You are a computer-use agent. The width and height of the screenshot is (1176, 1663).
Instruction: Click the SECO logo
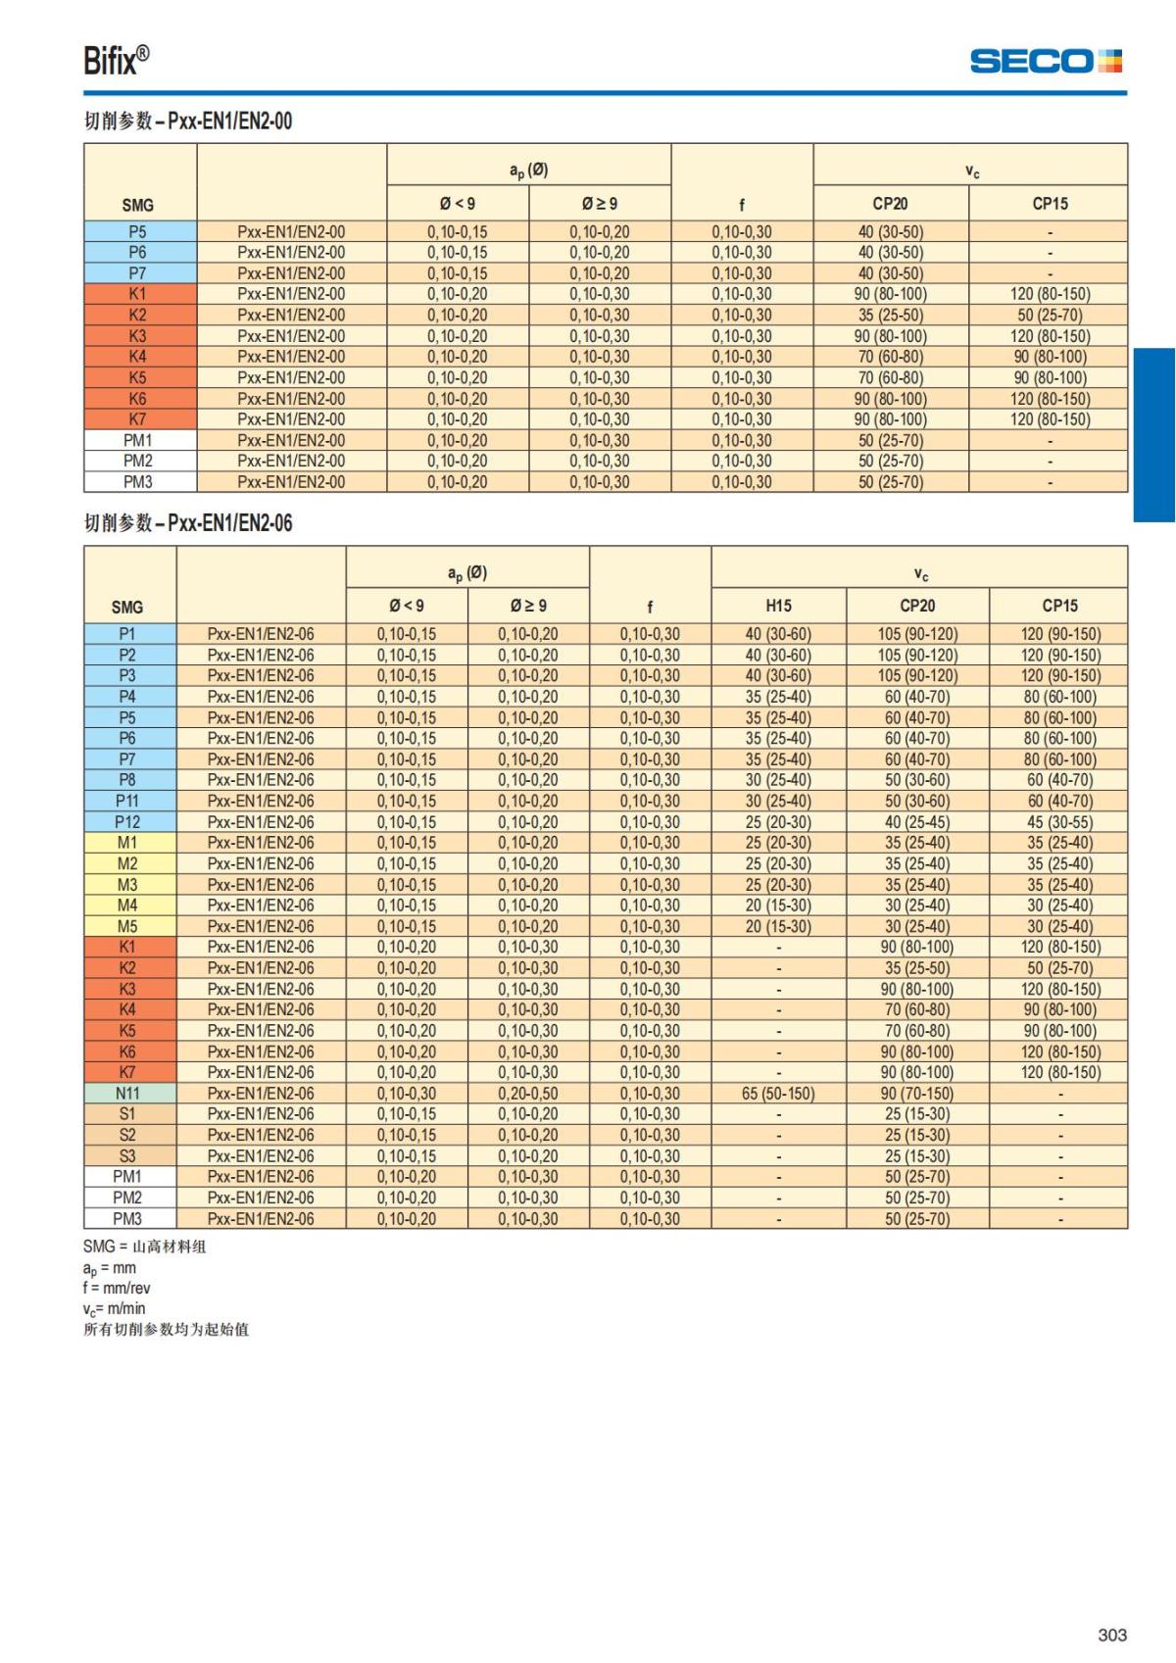(1045, 61)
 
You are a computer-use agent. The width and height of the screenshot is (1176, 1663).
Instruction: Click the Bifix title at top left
(116, 61)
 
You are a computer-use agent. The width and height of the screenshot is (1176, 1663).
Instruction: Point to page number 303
(1112, 1635)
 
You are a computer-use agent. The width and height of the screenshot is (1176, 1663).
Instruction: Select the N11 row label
(127, 1093)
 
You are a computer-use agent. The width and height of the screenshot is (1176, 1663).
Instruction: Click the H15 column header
(778, 606)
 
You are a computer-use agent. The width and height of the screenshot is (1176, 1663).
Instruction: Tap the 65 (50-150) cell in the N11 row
(778, 1093)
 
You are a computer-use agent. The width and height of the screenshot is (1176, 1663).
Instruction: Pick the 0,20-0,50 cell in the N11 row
(527, 1093)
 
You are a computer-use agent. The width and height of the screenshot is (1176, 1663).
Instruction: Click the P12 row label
(127, 821)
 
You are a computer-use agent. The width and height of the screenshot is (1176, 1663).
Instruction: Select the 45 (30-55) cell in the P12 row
(1059, 821)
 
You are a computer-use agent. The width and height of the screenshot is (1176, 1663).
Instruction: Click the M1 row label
(127, 843)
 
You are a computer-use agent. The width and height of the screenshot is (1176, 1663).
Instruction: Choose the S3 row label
(127, 1155)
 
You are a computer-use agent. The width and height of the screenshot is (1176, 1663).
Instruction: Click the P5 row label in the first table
(137, 232)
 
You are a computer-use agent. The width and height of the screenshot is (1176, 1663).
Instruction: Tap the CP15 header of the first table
(1050, 204)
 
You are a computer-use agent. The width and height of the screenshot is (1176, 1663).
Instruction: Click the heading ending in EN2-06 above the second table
(188, 523)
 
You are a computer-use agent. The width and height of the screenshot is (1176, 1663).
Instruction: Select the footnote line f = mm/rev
(117, 1288)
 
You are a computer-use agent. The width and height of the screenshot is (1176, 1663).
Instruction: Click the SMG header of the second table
(127, 607)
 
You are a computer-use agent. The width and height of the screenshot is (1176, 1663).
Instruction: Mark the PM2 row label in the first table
(137, 461)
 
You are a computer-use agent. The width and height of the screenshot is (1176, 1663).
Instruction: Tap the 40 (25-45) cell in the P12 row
(917, 821)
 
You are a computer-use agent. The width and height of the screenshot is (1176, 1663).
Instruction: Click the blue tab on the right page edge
(1154, 435)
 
